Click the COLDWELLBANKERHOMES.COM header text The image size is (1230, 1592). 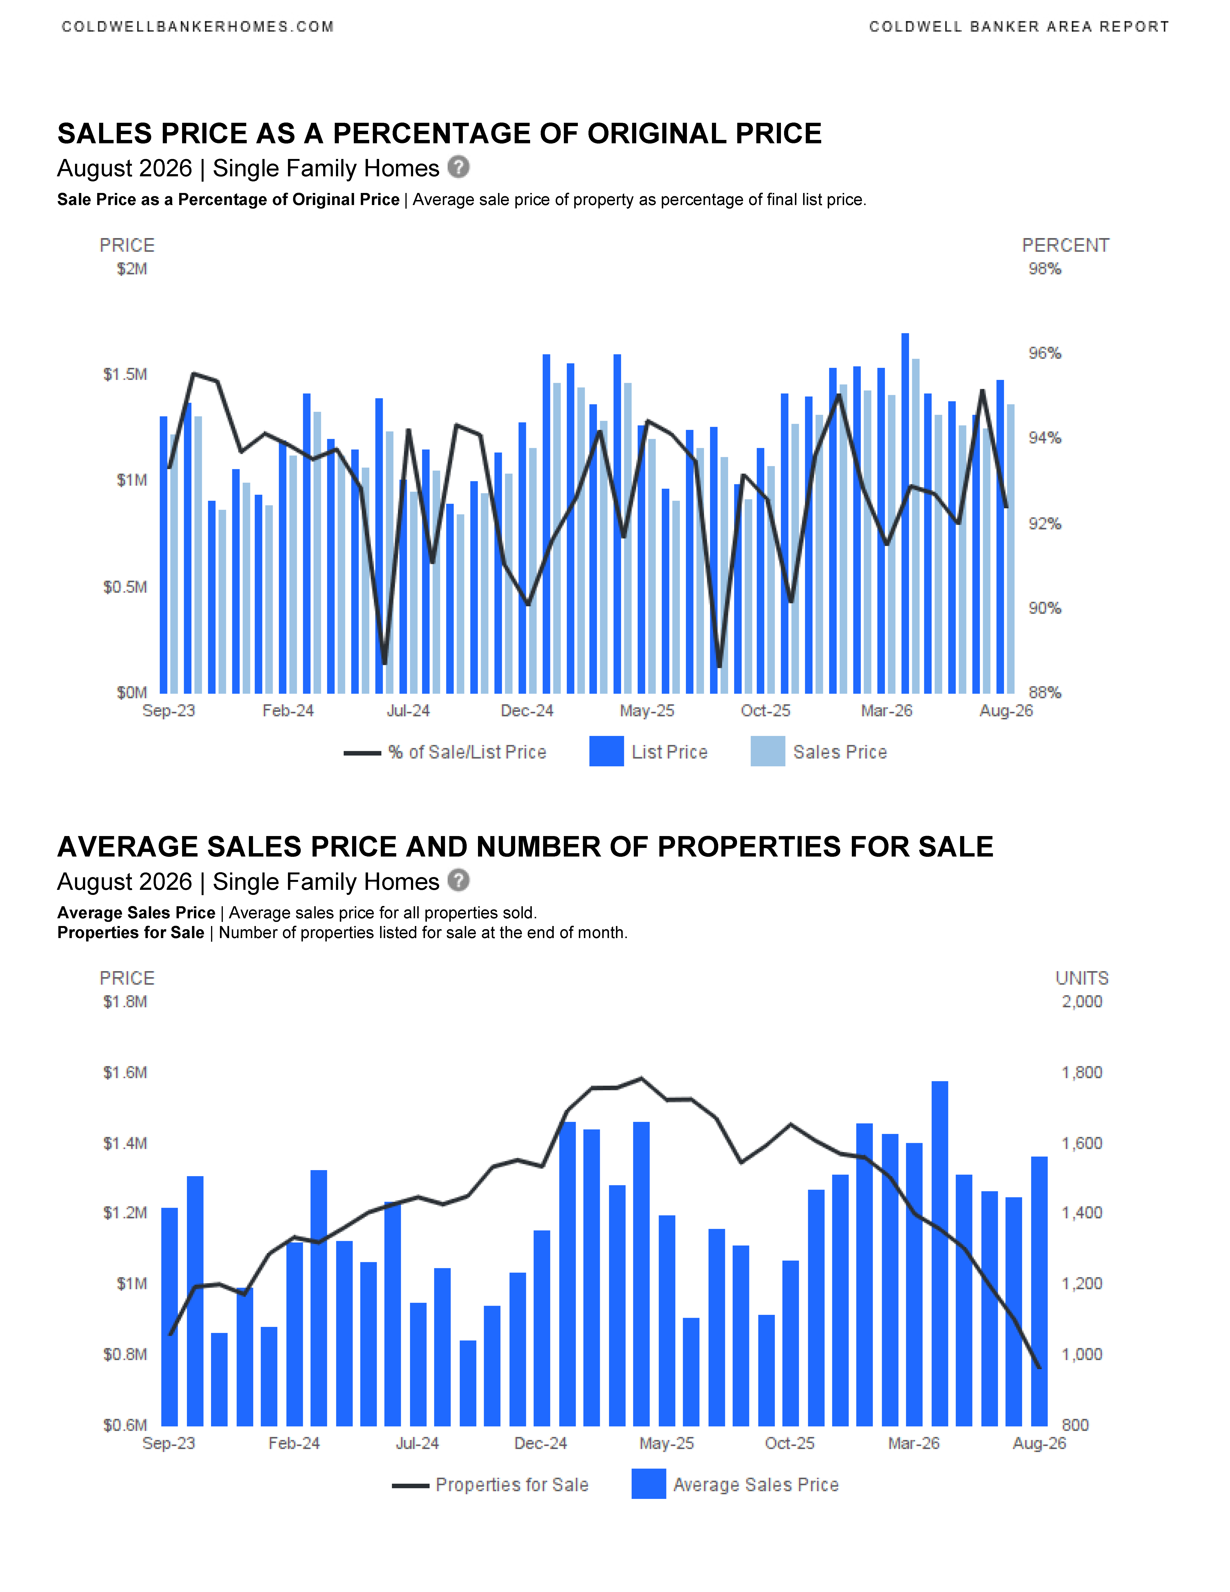coord(198,27)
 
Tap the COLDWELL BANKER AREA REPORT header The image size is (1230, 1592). coord(1019,27)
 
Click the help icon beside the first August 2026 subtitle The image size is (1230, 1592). coord(458,167)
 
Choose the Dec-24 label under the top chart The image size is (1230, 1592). coord(527,711)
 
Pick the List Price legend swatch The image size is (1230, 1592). coord(606,752)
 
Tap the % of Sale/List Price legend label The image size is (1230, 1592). coord(467,752)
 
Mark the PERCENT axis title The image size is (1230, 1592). coord(1065,246)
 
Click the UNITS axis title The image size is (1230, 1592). coord(1082,978)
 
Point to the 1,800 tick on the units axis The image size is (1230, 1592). coord(1082,1072)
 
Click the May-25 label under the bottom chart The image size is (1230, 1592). coord(667,1443)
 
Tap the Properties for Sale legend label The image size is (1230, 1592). coord(512,1485)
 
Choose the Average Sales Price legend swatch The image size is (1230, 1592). coord(649,1484)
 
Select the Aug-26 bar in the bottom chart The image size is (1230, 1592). coord(1039,1291)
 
